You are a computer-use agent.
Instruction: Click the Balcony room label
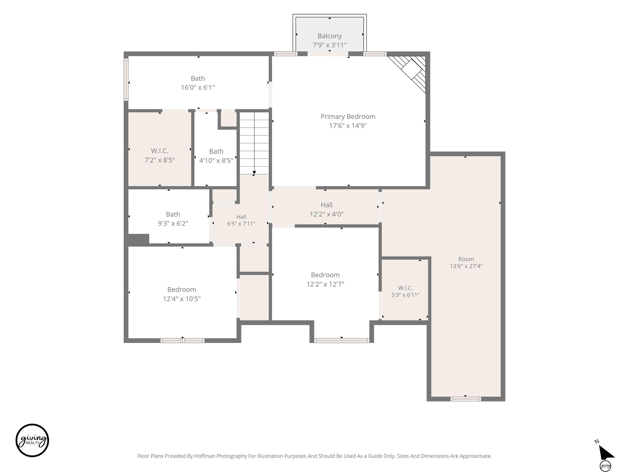(330, 36)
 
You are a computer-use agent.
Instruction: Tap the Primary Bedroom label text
(348, 116)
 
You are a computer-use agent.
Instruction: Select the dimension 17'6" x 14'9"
(348, 125)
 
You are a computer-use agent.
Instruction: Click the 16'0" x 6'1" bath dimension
(198, 87)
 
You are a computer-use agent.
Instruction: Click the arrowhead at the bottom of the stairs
(254, 173)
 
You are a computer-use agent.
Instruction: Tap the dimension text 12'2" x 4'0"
(326, 214)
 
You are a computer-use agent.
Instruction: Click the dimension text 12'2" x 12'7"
(325, 284)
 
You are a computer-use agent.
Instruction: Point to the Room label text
(466, 259)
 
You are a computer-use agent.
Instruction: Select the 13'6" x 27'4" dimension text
(466, 266)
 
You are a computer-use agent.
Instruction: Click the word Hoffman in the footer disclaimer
(205, 456)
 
